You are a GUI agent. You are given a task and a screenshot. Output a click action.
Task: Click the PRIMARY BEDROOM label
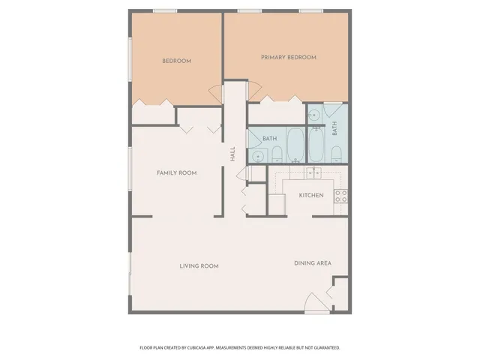(x=288, y=57)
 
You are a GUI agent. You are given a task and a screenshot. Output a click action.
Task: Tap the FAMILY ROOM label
(x=176, y=173)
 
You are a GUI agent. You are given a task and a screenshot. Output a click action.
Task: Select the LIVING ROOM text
(x=199, y=265)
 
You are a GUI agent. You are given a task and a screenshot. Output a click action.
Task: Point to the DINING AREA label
(x=312, y=262)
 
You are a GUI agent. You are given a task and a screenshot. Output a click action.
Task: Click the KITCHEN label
(x=311, y=195)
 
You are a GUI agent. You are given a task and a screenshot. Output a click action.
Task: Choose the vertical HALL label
(x=233, y=153)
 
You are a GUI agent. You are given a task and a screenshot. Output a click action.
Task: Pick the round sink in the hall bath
(x=258, y=156)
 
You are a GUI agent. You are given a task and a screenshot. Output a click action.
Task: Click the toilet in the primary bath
(x=336, y=155)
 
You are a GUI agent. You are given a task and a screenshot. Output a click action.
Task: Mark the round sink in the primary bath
(x=313, y=115)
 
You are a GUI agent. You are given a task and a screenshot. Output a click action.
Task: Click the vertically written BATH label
(x=334, y=128)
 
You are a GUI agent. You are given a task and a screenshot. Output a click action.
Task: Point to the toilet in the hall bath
(x=276, y=155)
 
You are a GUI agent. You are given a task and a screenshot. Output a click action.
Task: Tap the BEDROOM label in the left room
(x=177, y=61)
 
